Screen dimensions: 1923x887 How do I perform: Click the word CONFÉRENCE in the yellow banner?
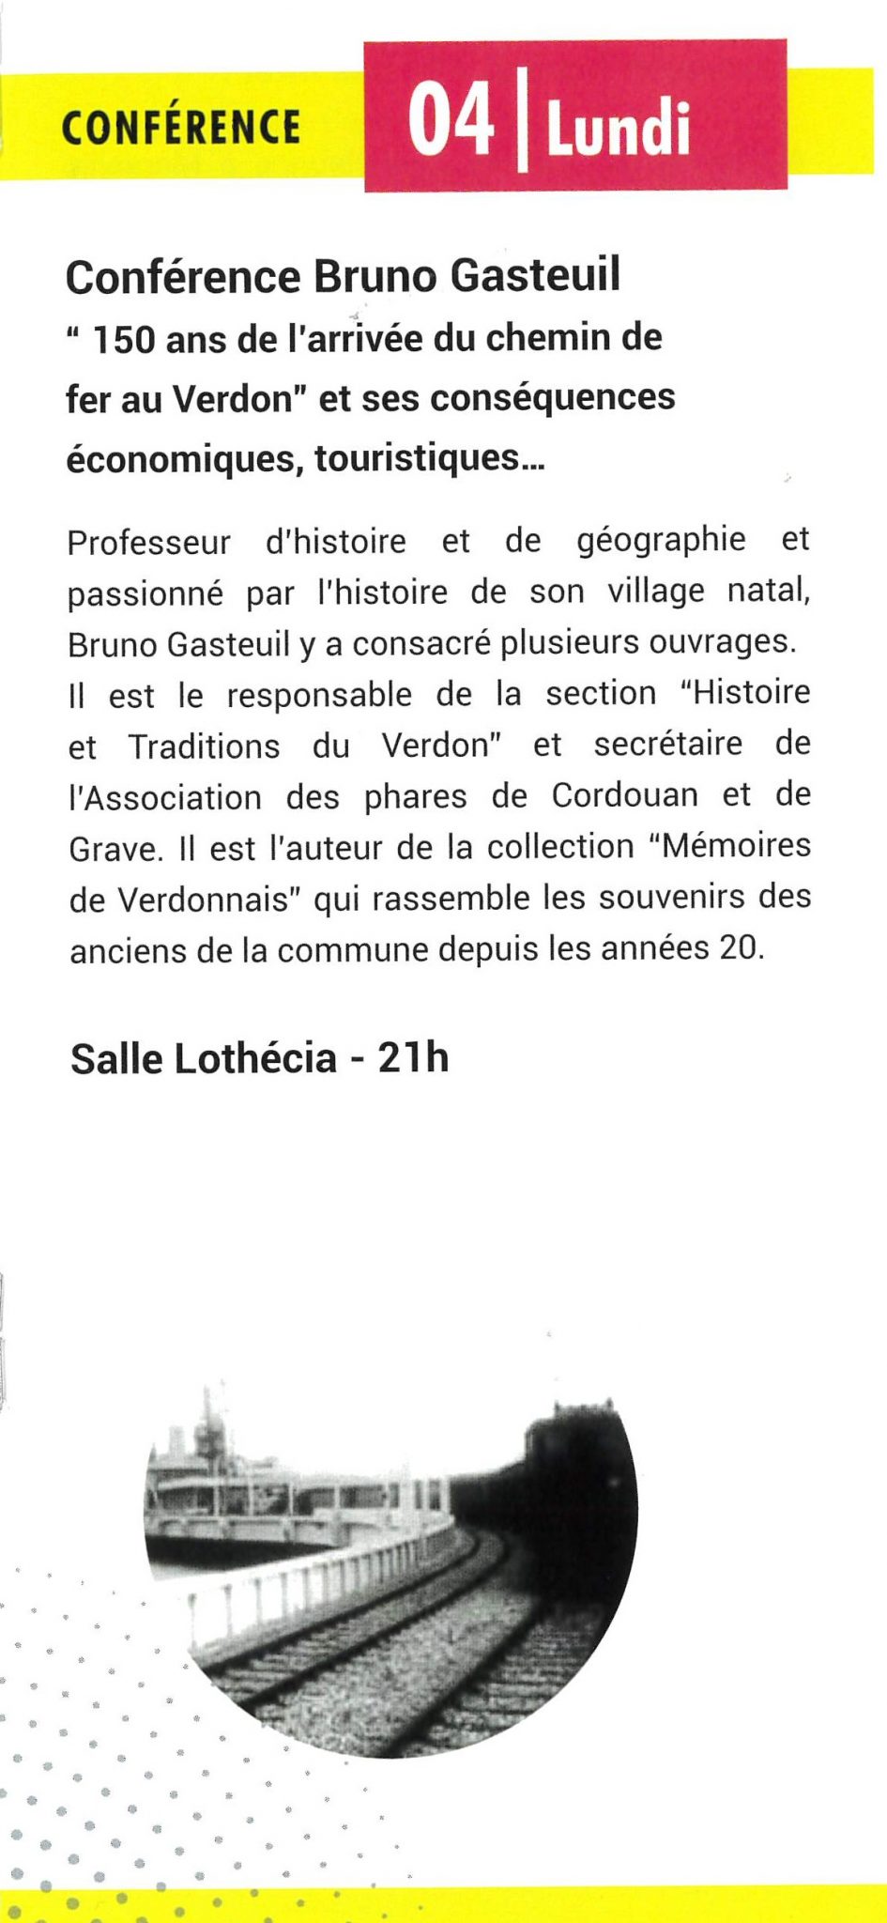point(181,128)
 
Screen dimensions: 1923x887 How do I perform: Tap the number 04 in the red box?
point(451,120)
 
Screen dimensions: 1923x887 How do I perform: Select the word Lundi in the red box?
point(619,129)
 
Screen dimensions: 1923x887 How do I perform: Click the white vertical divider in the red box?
point(522,123)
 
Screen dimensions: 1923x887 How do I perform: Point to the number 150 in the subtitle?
point(122,340)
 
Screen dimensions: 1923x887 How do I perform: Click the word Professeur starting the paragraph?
point(148,543)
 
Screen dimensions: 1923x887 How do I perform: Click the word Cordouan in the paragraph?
point(624,795)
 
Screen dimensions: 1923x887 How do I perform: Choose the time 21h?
point(413,1058)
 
